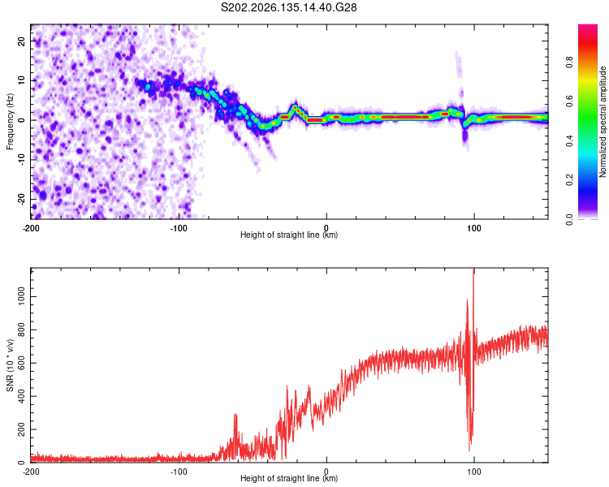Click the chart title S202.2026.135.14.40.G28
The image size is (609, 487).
tap(288, 7)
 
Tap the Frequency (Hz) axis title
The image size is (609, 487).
tap(10, 122)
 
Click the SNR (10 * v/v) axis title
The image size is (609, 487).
tap(10, 365)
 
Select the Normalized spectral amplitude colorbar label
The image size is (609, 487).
tap(603, 122)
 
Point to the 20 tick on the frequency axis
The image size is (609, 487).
tap(21, 41)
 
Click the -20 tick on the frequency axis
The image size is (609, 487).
tap(21, 200)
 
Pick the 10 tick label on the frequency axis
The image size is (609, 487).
tap(21, 80)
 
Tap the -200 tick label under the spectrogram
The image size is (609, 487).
tap(31, 228)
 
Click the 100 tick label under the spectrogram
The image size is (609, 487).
tap(474, 228)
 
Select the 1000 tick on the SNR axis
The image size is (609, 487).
tap(21, 296)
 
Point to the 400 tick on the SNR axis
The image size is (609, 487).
tap(21, 396)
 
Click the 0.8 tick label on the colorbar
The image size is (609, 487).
tap(569, 62)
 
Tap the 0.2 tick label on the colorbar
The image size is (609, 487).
tap(569, 180)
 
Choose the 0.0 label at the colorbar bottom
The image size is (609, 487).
tap(569, 219)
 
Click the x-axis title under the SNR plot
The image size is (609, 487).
tap(289, 478)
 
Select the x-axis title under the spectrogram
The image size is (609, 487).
tap(289, 235)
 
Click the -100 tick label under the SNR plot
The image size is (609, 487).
tap(179, 472)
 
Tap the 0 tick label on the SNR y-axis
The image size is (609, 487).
tap(21, 463)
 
